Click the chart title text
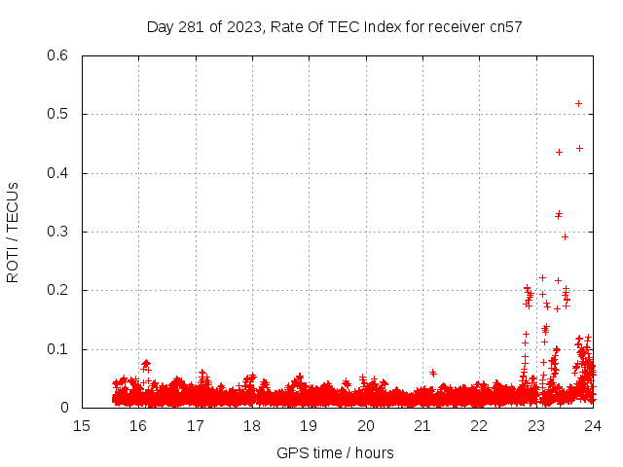point(335,26)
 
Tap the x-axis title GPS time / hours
point(335,452)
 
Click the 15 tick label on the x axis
point(83,425)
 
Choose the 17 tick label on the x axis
point(196,425)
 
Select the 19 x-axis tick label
point(309,425)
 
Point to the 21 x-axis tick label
point(421,425)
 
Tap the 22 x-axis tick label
point(478,425)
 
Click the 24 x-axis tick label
point(591,425)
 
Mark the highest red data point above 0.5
point(578,103)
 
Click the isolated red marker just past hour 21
point(432,372)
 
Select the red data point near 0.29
point(565,236)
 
